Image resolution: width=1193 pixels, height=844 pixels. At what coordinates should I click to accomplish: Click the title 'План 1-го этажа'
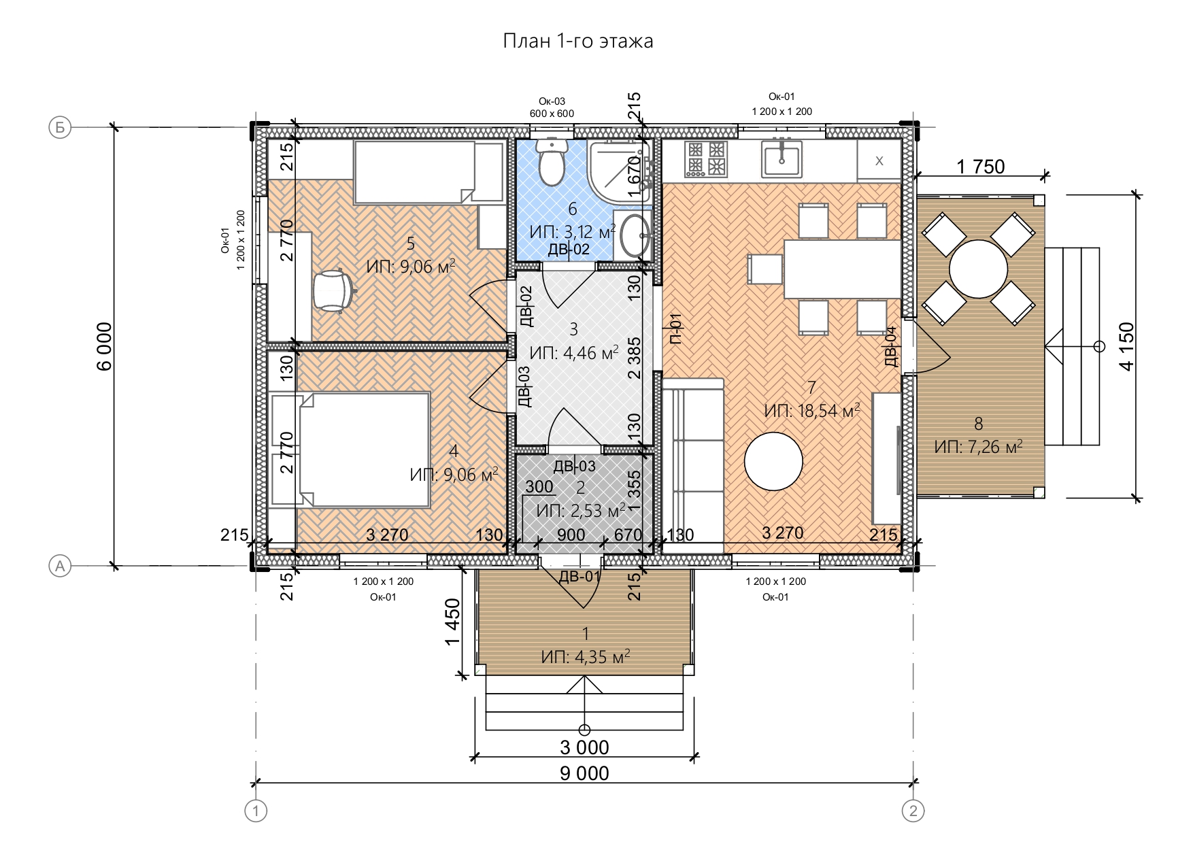pyautogui.click(x=577, y=41)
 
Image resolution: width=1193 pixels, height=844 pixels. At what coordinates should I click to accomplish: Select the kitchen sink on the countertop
pyautogui.click(x=782, y=160)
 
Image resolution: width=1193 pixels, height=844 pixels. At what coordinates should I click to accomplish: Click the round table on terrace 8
pyautogui.click(x=978, y=269)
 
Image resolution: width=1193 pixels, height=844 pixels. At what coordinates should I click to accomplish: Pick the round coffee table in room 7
pyautogui.click(x=773, y=461)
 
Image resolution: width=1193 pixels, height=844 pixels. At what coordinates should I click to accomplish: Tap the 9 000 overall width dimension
pyautogui.click(x=584, y=773)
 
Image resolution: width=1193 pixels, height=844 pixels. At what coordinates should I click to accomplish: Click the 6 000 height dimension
pyautogui.click(x=104, y=345)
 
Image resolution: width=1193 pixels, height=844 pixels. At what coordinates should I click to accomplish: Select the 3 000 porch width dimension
pyautogui.click(x=584, y=747)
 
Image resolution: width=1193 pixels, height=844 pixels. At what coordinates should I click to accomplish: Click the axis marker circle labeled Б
pyautogui.click(x=61, y=127)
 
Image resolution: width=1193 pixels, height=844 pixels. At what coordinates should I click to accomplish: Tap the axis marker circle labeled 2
pyautogui.click(x=913, y=811)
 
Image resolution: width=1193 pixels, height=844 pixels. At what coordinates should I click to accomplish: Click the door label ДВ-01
pyautogui.click(x=579, y=577)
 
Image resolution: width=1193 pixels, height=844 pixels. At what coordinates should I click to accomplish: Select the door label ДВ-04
pyautogui.click(x=891, y=347)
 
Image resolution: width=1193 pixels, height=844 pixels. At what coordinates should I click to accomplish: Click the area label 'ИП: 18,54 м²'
pyautogui.click(x=812, y=411)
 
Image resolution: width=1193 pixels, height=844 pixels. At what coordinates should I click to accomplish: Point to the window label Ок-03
pyautogui.click(x=552, y=101)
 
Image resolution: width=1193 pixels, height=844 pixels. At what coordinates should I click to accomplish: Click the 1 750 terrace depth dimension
pyautogui.click(x=980, y=166)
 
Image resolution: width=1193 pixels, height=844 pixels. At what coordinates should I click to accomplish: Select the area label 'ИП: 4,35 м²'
pyautogui.click(x=586, y=657)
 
